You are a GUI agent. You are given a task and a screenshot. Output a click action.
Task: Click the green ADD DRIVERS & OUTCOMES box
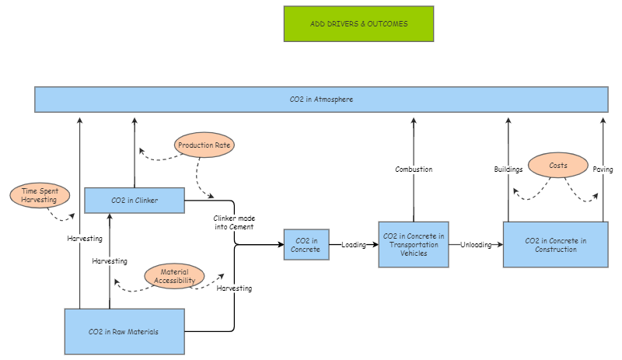pos(358,23)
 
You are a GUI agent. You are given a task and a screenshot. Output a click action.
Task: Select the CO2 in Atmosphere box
pos(321,100)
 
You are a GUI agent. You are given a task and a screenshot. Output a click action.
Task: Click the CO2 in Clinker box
pos(135,200)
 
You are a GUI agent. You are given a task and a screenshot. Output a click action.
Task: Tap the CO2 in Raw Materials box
pos(124,331)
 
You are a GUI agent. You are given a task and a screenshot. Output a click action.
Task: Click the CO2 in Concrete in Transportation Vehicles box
pos(414,244)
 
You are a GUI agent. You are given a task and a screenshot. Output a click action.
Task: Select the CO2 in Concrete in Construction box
pos(555,245)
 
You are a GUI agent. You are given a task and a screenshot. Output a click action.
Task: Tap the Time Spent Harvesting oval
pos(40,195)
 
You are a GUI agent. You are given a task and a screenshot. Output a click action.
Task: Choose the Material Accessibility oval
pos(174,275)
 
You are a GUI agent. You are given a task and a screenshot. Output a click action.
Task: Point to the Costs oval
pos(557,166)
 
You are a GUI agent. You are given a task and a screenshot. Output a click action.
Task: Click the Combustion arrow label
pos(414,169)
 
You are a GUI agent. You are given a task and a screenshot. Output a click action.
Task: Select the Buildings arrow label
pos(508,169)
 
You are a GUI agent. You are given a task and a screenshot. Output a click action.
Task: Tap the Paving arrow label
pos(603,169)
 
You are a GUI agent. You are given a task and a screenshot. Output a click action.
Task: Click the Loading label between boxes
pos(354,244)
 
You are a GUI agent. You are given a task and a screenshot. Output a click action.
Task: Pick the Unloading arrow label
pos(476,244)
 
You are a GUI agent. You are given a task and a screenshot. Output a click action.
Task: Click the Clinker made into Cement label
pos(234,222)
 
